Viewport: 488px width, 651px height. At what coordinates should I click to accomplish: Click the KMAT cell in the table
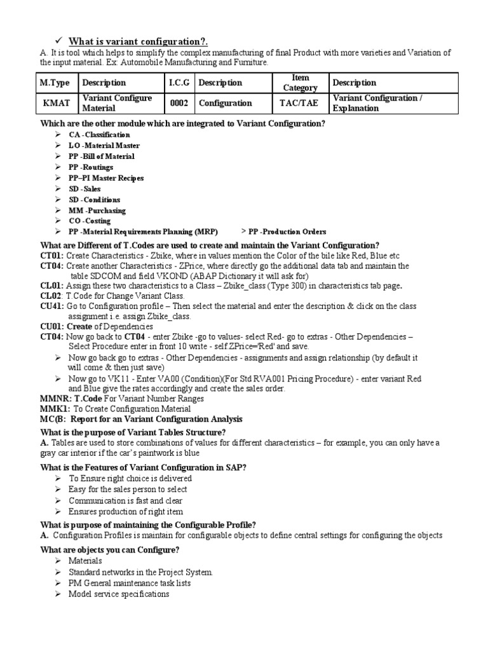(x=55, y=103)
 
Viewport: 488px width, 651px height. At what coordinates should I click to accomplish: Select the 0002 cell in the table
(x=179, y=103)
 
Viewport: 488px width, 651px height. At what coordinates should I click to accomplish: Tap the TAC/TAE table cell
(x=295, y=103)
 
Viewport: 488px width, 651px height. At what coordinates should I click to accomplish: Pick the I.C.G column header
(x=179, y=83)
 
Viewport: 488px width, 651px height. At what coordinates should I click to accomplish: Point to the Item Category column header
(x=296, y=83)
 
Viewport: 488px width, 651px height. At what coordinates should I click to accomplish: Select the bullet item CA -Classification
(x=99, y=135)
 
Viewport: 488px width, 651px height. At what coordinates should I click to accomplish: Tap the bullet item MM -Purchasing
(x=97, y=210)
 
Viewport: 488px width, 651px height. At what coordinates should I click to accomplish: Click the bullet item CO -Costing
(x=90, y=221)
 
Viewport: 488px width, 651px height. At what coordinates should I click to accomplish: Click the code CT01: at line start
(x=51, y=256)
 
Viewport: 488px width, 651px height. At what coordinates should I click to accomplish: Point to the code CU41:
(x=52, y=306)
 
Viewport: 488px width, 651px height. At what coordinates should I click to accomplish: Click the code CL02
(x=51, y=296)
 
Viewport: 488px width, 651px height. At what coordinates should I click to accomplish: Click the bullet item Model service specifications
(x=119, y=594)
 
